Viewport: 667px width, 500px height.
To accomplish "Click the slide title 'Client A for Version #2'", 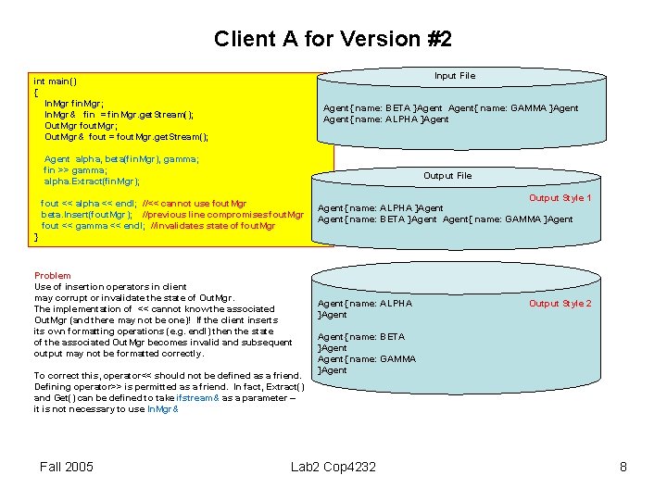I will (333, 39).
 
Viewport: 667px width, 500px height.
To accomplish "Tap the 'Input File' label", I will (455, 76).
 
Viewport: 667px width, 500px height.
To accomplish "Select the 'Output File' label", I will (447, 176).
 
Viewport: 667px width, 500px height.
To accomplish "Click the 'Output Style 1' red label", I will (560, 198).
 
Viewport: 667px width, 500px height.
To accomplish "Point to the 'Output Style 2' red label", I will (560, 304).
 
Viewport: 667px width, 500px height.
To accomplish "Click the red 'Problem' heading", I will (52, 276).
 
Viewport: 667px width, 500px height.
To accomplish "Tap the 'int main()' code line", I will (55, 81).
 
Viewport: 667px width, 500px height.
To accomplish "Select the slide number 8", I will (623, 467).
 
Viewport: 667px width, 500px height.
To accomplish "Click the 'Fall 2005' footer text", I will (67, 467).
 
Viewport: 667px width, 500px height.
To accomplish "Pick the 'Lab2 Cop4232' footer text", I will (333, 467).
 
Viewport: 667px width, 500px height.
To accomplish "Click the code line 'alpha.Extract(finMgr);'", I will (92, 181).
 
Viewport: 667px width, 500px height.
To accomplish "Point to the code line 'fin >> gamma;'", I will (75, 170).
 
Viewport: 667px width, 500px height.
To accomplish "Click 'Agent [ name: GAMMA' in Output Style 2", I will (367, 359).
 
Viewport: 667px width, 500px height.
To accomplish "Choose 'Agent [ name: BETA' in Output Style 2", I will (361, 337).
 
